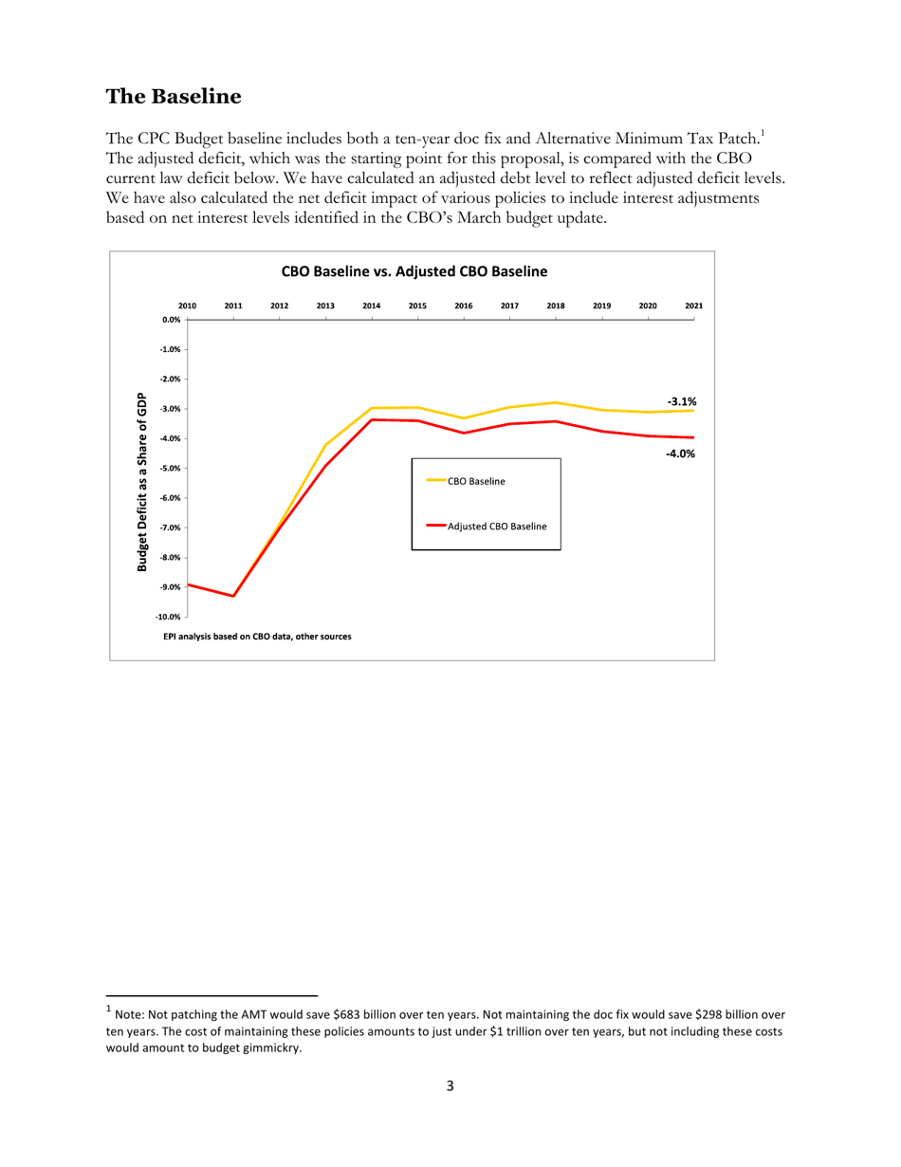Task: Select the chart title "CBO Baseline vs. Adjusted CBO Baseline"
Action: [x=414, y=271]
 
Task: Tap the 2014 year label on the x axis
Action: [x=371, y=306]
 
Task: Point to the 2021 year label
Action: [x=693, y=306]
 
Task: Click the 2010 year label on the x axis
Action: [x=188, y=306]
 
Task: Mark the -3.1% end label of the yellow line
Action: [x=681, y=402]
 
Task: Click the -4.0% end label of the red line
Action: [x=680, y=454]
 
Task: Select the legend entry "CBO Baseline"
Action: [x=476, y=482]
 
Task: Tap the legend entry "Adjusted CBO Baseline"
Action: [x=497, y=526]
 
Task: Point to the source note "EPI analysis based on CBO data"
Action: [x=257, y=636]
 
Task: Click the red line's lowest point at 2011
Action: [x=233, y=596]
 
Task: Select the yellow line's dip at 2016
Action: [x=463, y=417]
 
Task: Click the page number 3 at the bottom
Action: [x=450, y=1086]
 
